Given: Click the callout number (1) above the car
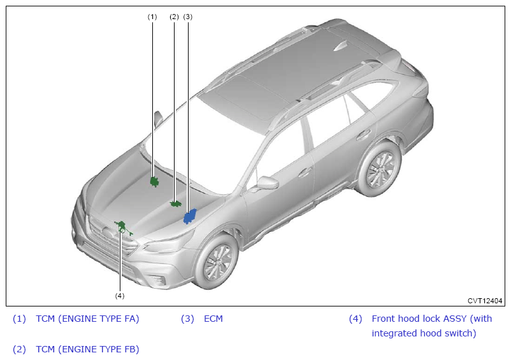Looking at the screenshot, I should [x=152, y=17].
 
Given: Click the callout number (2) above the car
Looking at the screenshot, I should [x=175, y=17].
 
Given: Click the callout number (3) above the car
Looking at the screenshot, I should [x=187, y=17].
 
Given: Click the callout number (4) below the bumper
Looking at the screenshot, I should [x=120, y=296].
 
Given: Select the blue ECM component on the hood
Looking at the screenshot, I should [x=190, y=217].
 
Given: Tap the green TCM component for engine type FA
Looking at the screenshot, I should [x=154, y=182].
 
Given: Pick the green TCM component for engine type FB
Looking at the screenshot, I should [x=175, y=204].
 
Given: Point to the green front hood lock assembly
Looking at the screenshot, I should [x=122, y=227].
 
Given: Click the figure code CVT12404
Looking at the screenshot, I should [x=485, y=300].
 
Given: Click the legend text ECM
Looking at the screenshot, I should [x=213, y=319].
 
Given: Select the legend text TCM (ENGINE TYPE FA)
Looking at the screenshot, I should [x=87, y=319].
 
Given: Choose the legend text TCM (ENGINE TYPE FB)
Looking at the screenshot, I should [x=87, y=349].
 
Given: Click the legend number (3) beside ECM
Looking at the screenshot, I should [x=187, y=319].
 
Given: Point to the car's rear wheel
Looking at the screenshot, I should [x=379, y=169].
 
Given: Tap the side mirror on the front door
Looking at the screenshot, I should [x=267, y=183].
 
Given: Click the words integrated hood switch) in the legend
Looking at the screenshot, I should [x=424, y=333].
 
